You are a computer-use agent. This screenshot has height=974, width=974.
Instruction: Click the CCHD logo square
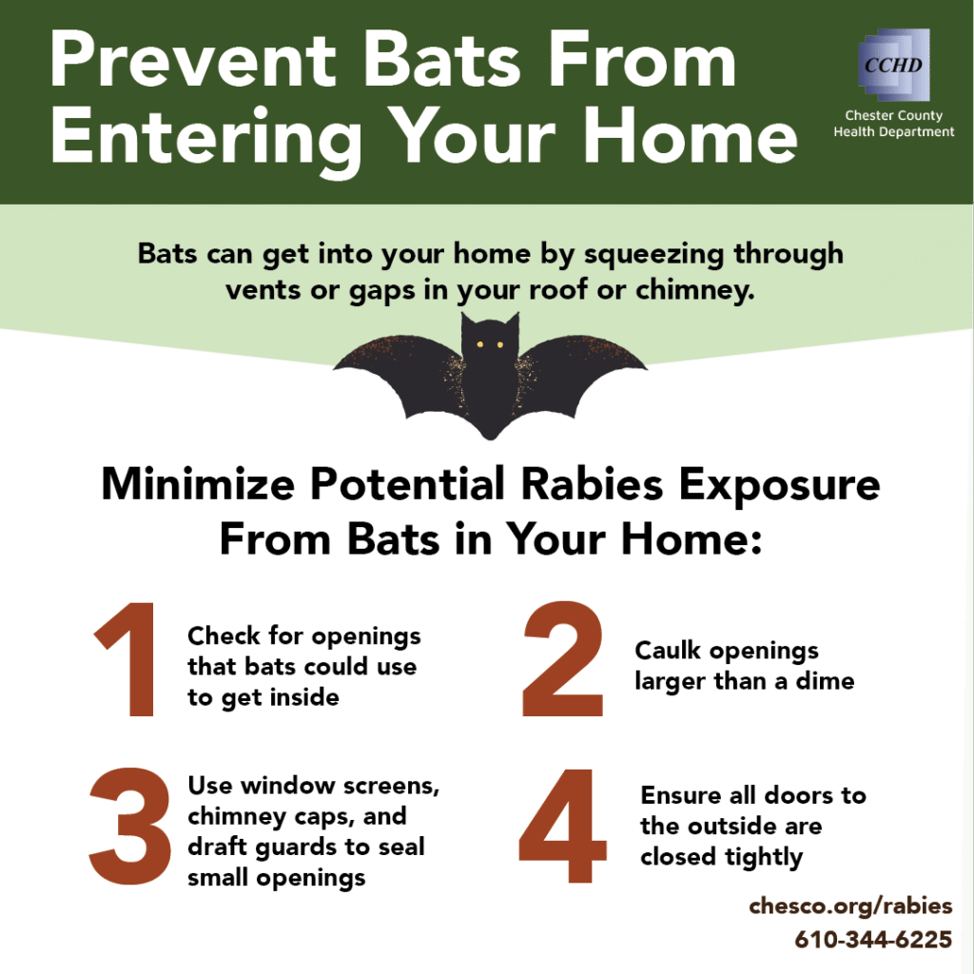[894, 65]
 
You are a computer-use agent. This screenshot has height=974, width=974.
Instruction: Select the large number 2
[563, 658]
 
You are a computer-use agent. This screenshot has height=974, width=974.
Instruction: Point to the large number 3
[129, 827]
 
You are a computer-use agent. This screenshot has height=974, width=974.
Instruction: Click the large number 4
[563, 826]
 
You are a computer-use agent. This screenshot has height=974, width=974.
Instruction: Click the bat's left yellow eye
[479, 344]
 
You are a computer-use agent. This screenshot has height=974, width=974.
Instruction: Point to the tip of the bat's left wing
[334, 369]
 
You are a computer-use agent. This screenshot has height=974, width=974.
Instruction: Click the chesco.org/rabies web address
[850, 906]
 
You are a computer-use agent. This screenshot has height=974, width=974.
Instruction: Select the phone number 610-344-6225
[873, 939]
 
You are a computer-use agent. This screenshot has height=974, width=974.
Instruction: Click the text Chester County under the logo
[894, 115]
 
